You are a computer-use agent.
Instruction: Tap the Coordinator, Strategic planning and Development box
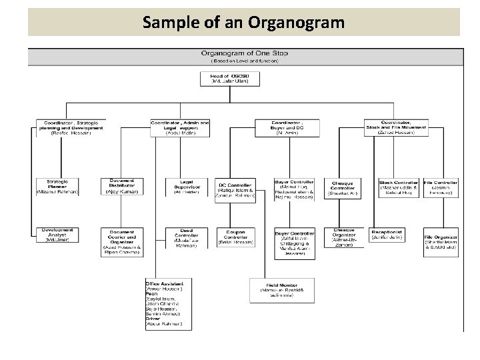pyautogui.click(x=71, y=127)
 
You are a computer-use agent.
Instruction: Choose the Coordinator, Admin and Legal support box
pyautogui.click(x=181, y=127)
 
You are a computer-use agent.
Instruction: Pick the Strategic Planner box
pyautogui.click(x=57, y=187)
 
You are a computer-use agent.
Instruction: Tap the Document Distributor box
pyautogui.click(x=122, y=186)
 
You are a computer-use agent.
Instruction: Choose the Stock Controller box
pyautogui.click(x=399, y=187)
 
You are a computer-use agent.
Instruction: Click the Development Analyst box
pyautogui.click(x=57, y=233)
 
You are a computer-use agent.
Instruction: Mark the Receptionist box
pyautogui.click(x=388, y=235)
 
